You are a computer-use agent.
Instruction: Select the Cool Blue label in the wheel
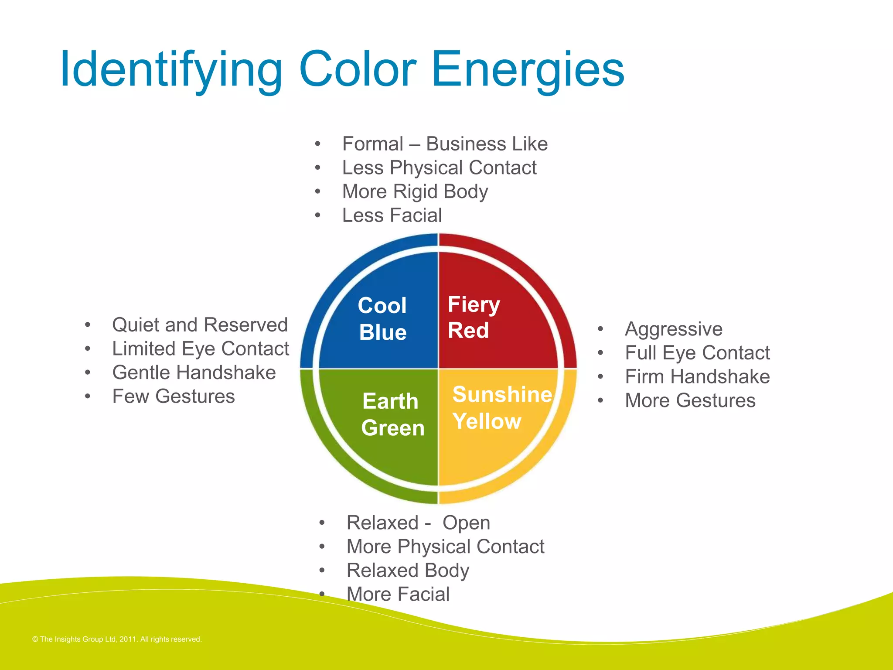[x=382, y=318]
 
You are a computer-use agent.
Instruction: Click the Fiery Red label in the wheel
[x=473, y=317]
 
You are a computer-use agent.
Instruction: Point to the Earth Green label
[x=392, y=414]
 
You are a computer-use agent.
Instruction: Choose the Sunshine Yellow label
[x=501, y=407]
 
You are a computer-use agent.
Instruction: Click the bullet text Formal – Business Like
[x=445, y=144]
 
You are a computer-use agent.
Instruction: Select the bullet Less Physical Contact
[x=439, y=167]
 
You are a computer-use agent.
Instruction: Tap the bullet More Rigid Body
[x=415, y=191]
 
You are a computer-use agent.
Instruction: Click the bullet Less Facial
[x=392, y=215]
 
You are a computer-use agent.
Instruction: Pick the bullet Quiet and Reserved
[x=200, y=325]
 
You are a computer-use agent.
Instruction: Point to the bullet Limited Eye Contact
[x=201, y=349]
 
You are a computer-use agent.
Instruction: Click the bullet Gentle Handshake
[x=194, y=373]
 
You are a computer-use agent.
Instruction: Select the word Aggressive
[x=674, y=329]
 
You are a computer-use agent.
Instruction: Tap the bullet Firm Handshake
[x=697, y=376]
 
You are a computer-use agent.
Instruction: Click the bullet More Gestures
[x=690, y=400]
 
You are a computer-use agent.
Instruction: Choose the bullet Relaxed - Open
[x=418, y=523]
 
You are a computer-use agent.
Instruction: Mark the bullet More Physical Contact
[x=445, y=547]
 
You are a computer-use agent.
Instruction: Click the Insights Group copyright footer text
[x=117, y=639]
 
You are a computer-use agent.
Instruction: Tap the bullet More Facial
[x=398, y=594]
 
